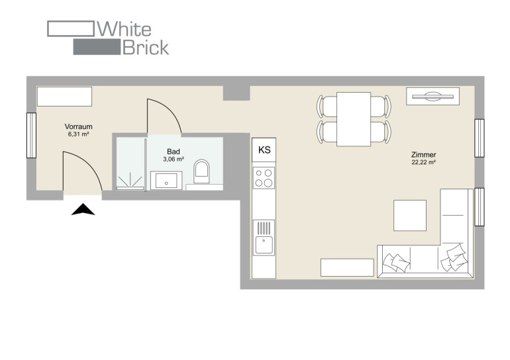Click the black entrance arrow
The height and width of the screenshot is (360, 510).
tap(83, 210)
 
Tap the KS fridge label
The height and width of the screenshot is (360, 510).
tap(264, 150)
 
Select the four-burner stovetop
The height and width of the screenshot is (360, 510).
tap(264, 178)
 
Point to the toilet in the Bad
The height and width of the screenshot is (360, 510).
tap(201, 171)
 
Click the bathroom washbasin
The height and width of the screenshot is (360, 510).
tap(166, 181)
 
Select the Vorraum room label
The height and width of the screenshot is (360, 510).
tap(78, 126)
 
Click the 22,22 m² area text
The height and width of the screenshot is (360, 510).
tap(423, 162)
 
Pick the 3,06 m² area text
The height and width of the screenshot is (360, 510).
tap(174, 159)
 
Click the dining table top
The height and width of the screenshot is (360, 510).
tap(354, 119)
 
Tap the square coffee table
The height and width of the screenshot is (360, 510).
tap(410, 216)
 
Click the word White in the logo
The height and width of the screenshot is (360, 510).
tap(125, 29)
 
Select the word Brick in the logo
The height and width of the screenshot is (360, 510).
tap(146, 48)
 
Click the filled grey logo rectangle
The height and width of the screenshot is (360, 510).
tap(97, 47)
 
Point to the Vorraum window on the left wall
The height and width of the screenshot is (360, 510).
tap(31, 135)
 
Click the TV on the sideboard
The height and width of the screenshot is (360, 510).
tap(433, 96)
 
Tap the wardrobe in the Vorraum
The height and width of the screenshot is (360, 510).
tap(64, 96)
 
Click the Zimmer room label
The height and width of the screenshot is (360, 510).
tap(423, 155)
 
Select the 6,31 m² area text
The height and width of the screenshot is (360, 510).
tap(78, 134)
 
